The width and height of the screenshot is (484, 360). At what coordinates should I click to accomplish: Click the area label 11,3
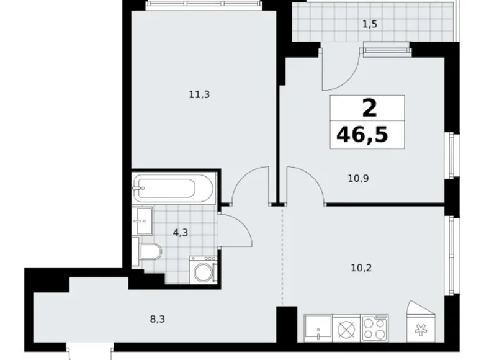click(x=199, y=94)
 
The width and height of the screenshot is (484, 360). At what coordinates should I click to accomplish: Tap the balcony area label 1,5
click(x=370, y=25)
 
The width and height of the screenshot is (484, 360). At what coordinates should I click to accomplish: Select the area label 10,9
click(x=359, y=178)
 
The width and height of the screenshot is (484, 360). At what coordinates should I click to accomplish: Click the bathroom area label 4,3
click(x=181, y=234)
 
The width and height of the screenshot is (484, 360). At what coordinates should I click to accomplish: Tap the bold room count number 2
click(x=369, y=109)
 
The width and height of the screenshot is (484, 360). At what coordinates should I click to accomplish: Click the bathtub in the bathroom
click(x=172, y=187)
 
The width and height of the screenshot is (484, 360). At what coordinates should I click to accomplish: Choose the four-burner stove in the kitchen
click(x=374, y=328)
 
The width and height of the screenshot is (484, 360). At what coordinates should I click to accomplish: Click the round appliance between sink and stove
click(x=346, y=328)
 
